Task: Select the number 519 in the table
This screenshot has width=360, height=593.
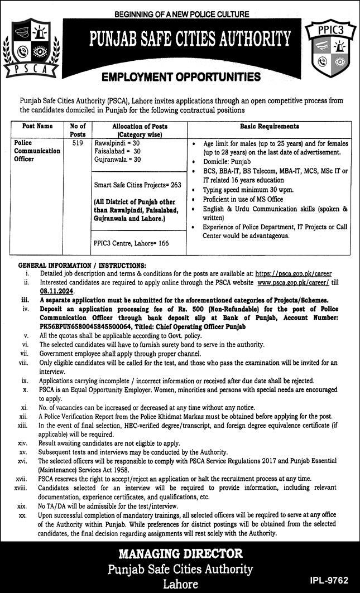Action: click(x=78, y=143)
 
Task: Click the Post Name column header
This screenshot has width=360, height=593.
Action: click(x=37, y=127)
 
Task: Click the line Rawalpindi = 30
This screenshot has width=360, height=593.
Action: click(x=117, y=143)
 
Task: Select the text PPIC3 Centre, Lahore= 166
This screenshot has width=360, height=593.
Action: click(x=131, y=243)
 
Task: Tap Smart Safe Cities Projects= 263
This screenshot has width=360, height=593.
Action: click(x=137, y=185)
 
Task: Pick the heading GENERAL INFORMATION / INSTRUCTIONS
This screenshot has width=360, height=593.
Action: click(x=82, y=265)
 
